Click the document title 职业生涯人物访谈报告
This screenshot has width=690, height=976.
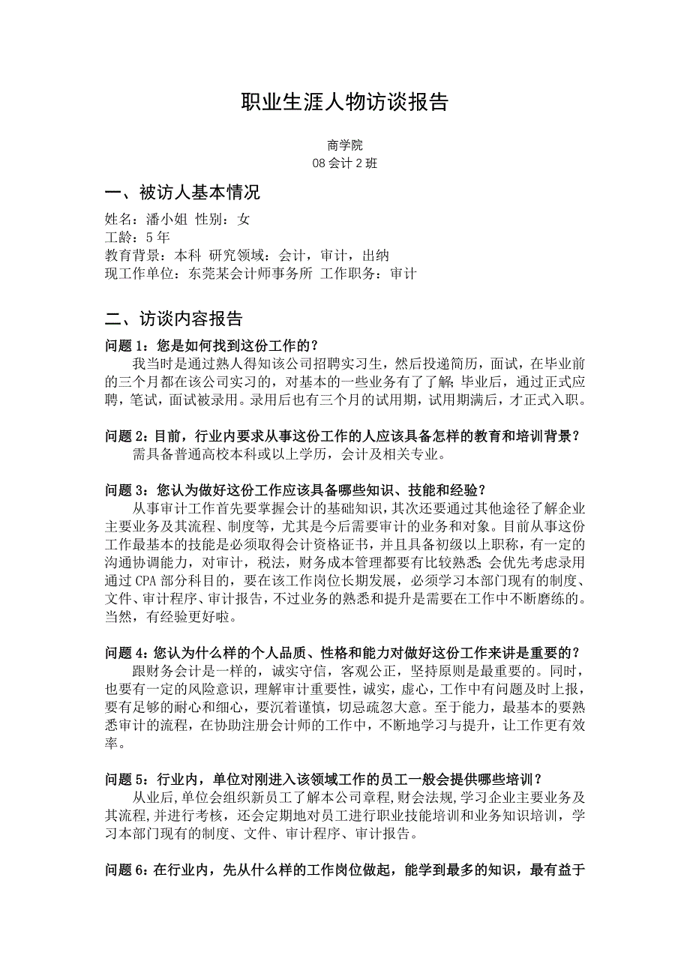(x=344, y=102)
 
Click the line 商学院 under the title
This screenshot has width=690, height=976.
(x=345, y=145)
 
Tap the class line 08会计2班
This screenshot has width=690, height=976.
(x=345, y=163)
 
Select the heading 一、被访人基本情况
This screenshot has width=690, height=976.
(x=182, y=193)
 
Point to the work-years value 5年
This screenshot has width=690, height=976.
(x=158, y=237)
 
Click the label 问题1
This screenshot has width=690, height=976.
(x=128, y=346)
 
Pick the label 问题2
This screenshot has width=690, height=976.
(x=127, y=436)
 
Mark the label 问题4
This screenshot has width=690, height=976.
(x=127, y=635)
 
